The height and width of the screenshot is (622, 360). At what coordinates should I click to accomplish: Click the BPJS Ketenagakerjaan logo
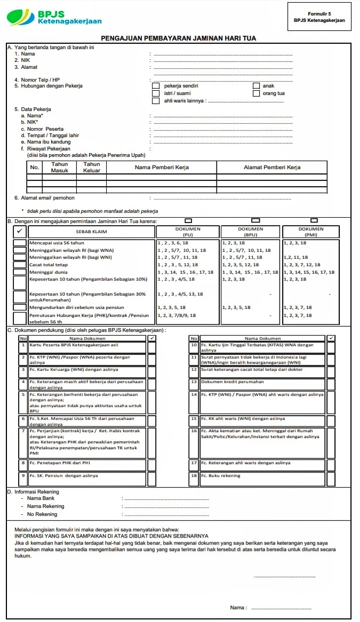point(53,18)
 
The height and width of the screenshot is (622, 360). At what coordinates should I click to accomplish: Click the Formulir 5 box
point(319,17)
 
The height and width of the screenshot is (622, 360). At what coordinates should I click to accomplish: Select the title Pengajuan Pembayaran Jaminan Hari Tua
point(179,38)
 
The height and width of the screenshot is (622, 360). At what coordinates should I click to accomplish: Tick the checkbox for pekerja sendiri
point(156,86)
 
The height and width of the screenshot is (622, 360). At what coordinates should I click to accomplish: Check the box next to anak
point(256,86)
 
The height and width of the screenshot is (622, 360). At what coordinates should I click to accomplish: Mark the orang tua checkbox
point(256,93)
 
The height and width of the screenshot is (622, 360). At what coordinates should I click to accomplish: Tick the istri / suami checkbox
point(156,93)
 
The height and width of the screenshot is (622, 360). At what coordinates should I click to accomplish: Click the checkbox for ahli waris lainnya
point(156,101)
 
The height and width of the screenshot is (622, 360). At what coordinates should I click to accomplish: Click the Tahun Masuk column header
point(59,167)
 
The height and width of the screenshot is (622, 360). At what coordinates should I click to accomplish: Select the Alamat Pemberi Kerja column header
point(271,168)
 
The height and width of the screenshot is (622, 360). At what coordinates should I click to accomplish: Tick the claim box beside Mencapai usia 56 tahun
point(20,243)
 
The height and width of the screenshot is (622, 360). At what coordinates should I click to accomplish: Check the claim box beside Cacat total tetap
point(20,265)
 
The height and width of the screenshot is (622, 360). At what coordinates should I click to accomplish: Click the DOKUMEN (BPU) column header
point(250,232)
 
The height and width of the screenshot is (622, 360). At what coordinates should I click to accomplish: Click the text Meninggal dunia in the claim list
point(49,272)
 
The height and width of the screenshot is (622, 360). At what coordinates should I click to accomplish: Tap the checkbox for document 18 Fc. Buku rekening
point(331,479)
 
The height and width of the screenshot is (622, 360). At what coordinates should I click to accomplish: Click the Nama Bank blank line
point(166,499)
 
